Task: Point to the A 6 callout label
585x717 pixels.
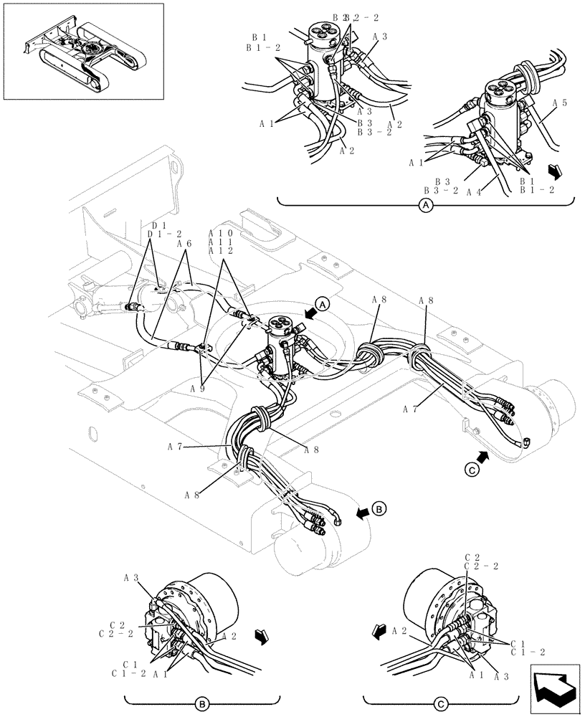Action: (184, 244)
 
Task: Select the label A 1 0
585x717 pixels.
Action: (221, 234)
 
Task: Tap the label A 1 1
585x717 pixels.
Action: (221, 242)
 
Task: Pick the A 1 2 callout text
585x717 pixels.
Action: (221, 251)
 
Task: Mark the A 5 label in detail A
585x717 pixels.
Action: (560, 103)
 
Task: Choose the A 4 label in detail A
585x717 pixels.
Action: (473, 191)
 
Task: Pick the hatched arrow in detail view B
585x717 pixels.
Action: (262, 635)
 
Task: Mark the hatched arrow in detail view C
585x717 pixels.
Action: (378, 630)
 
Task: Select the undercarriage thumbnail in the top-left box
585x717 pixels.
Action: (82, 51)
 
